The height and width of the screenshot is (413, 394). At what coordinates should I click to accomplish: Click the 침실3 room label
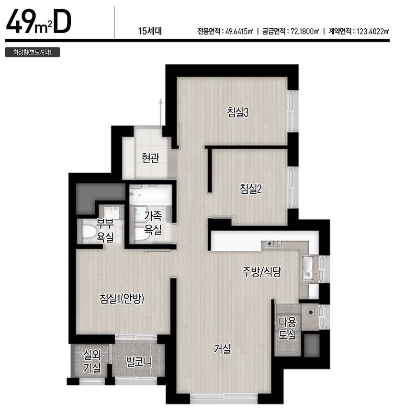tap(238, 112)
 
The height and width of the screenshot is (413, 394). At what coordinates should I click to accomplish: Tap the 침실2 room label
tap(251, 189)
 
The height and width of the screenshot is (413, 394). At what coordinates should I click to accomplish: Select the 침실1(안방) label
tap(122, 299)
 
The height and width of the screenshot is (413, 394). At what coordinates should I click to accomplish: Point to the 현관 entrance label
tap(150, 158)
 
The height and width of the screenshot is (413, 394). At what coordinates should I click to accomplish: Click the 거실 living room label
tap(222, 349)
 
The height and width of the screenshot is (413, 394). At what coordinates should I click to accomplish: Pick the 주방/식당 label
tap(262, 272)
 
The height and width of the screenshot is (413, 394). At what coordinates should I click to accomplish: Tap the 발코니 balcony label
tap(139, 362)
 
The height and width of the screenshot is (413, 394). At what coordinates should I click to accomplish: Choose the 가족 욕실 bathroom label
tap(153, 223)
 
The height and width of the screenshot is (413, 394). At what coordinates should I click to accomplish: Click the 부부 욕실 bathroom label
tap(105, 231)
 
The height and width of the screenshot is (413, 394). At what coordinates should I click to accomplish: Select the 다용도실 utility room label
tap(288, 328)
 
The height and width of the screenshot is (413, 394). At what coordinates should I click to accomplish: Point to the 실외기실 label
tap(92, 362)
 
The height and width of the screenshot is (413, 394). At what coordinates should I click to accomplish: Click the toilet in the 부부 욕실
tap(88, 232)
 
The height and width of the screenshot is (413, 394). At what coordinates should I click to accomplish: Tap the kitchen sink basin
tap(308, 268)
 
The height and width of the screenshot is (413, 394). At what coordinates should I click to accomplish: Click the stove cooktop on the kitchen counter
tap(274, 244)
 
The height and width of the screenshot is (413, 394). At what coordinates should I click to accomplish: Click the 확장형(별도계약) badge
tap(33, 52)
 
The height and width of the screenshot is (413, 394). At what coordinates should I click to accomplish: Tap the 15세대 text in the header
tap(150, 31)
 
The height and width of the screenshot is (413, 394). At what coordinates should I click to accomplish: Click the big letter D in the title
tap(62, 21)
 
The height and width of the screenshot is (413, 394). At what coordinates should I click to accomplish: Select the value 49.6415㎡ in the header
tap(239, 31)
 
